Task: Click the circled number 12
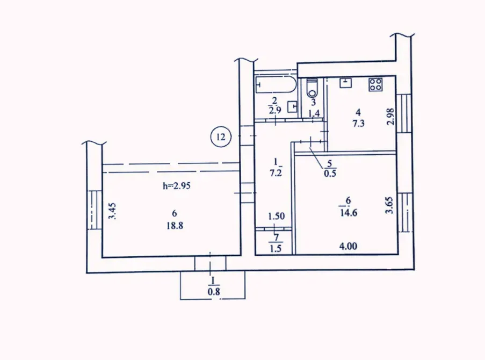pos(220,137)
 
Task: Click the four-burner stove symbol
pos(375,84)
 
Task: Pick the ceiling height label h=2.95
pos(177,186)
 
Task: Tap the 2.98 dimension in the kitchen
pos(391,117)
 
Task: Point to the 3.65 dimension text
pos(391,205)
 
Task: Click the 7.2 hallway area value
pos(276,174)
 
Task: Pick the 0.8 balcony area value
pos(214,292)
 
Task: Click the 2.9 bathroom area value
pos(274,111)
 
